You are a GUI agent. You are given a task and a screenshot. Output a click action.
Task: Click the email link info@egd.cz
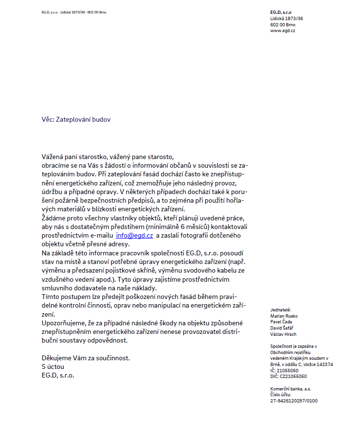click(x=135, y=235)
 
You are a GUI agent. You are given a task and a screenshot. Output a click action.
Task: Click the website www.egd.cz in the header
click(x=282, y=31)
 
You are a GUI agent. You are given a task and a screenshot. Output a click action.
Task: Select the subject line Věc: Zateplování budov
click(x=76, y=119)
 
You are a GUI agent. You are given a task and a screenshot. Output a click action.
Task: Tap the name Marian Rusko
click(x=284, y=316)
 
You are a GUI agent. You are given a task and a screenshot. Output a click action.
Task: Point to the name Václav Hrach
click(x=283, y=334)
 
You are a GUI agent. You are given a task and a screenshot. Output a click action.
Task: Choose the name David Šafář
click(x=282, y=328)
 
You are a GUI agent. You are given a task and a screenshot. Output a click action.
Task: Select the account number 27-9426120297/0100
click(x=294, y=401)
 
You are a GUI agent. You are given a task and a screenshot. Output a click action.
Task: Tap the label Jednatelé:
click(x=281, y=310)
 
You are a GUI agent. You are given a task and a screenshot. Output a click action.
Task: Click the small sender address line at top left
click(x=74, y=12)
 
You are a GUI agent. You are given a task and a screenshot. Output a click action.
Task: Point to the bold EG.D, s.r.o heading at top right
click(x=281, y=12)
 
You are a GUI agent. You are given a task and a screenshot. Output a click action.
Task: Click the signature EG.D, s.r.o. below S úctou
click(x=58, y=375)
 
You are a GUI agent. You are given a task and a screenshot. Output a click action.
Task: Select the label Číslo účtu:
click(x=281, y=395)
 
